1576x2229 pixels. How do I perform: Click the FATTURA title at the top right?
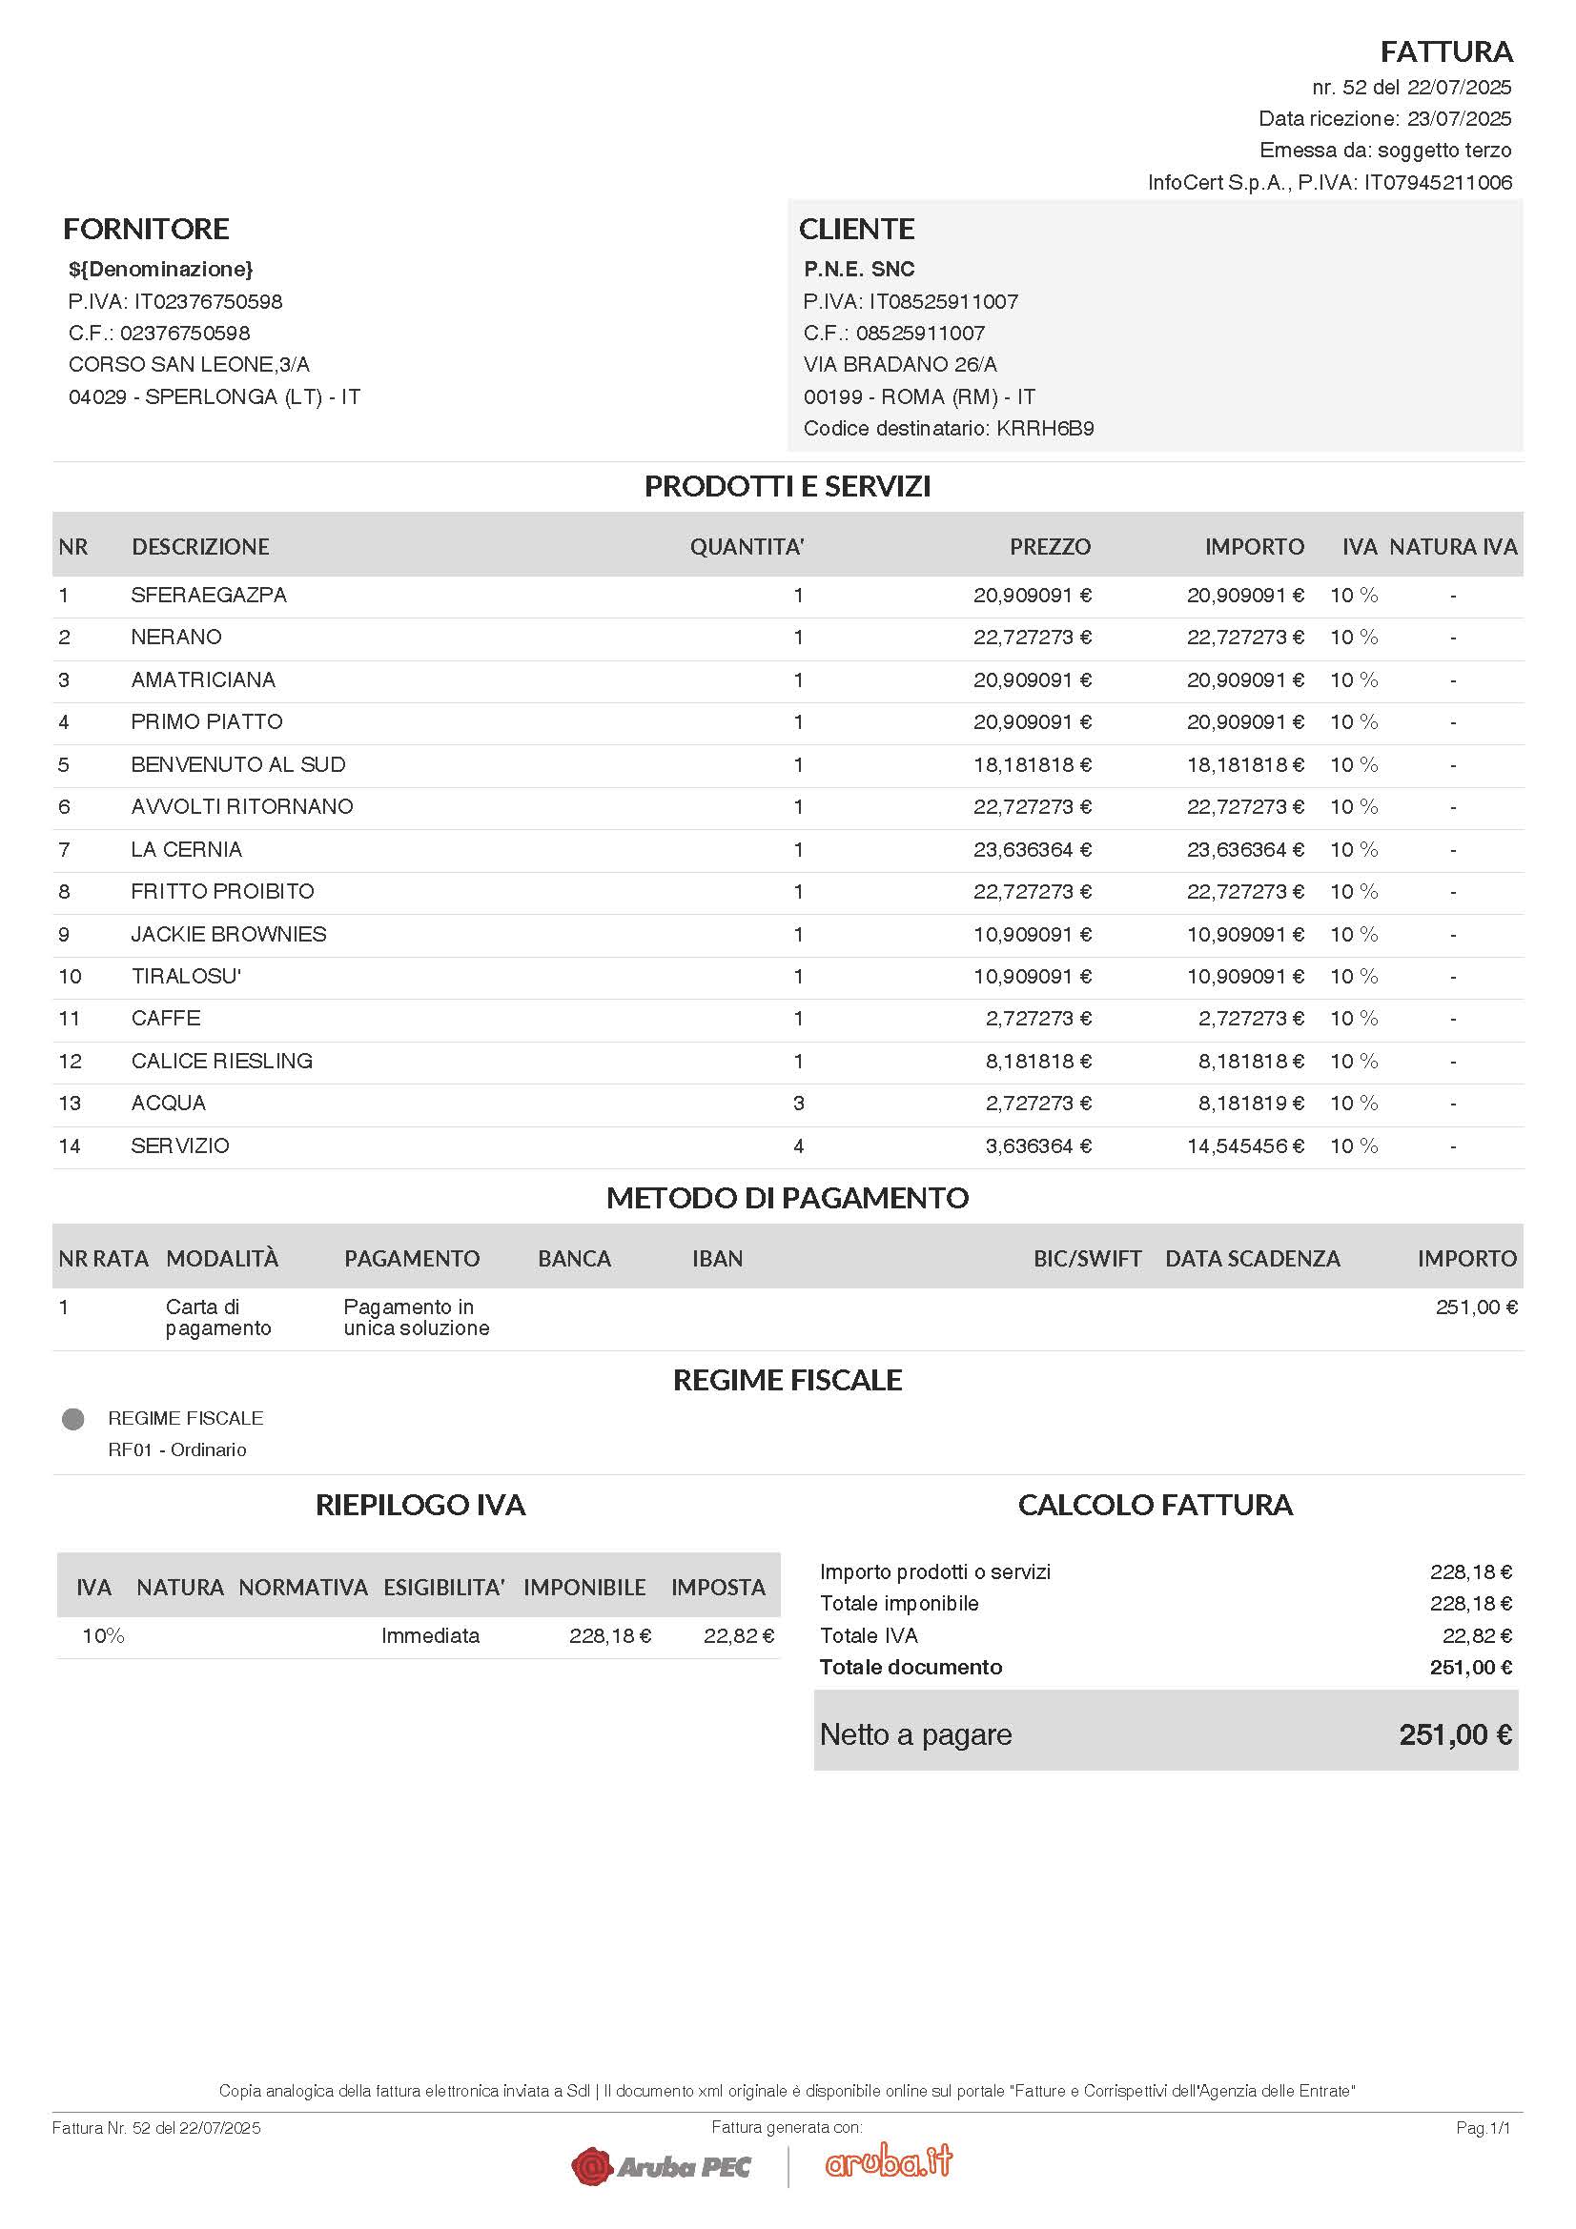coord(1445,51)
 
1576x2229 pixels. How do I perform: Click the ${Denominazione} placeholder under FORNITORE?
coord(160,269)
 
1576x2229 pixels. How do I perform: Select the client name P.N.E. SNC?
coord(858,269)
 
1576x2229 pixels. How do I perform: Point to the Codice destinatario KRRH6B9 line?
coord(948,428)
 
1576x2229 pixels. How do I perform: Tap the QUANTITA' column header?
coord(746,547)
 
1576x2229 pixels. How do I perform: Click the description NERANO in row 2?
coord(175,637)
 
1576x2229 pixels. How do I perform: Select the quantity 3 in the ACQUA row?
coord(798,1103)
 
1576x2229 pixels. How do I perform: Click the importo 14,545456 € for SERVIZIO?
coord(1244,1145)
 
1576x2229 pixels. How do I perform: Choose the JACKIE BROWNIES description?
coord(228,934)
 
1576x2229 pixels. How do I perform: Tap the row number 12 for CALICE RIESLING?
coord(70,1061)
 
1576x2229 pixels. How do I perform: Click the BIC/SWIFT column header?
coord(1087,1258)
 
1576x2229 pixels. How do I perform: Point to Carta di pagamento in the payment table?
coord(217,1317)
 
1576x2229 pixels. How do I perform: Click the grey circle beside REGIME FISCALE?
coord(72,1419)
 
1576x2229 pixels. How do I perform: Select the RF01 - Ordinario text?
coord(176,1449)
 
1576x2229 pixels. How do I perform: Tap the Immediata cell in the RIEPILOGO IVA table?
coord(430,1636)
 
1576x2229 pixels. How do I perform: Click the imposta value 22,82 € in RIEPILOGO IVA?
coord(738,1636)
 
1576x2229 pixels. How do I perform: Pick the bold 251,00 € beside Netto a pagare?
coord(1454,1734)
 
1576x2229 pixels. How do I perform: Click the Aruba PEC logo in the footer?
coord(662,2166)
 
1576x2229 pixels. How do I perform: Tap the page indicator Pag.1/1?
coord(1483,2128)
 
